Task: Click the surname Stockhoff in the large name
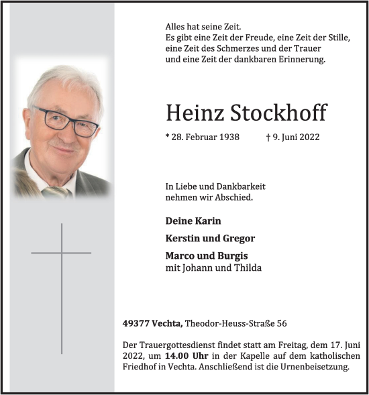pos(283,113)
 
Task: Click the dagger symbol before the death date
pos(268,137)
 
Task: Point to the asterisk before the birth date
pos(167,136)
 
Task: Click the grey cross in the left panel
pos(61,253)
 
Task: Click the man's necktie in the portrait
pos(60,192)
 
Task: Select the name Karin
pos(206,221)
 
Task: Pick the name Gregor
pos(237,238)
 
